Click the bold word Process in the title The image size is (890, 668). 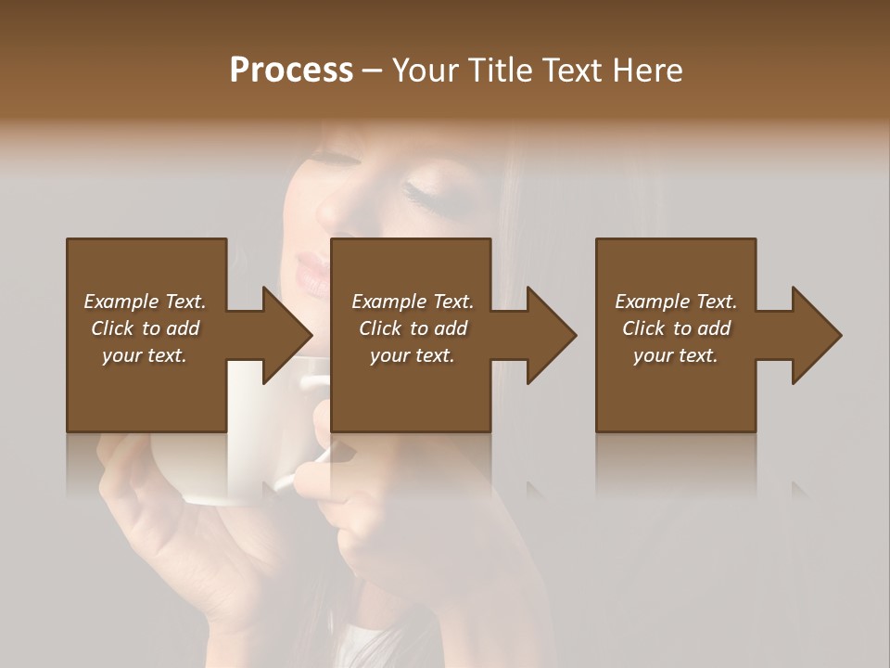pyautogui.click(x=291, y=71)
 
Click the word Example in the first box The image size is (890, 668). pyautogui.click(x=121, y=302)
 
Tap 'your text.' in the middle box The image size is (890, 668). pyautogui.click(x=412, y=355)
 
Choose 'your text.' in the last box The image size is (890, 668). pyautogui.click(x=675, y=355)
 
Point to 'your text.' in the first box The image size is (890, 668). pyautogui.click(x=144, y=355)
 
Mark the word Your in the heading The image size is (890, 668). pyautogui.click(x=423, y=71)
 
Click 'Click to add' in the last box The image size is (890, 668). pyautogui.click(x=676, y=328)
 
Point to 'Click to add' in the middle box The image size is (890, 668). pyautogui.click(x=413, y=328)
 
